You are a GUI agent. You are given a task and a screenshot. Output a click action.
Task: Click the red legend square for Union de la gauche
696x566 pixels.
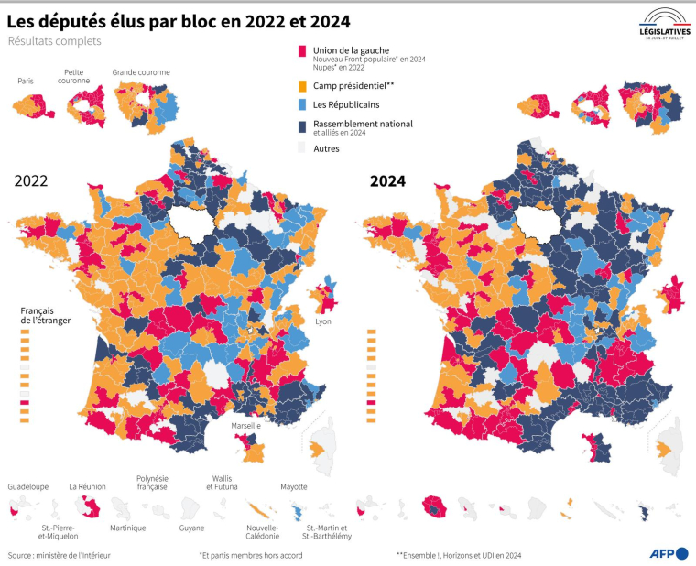click(x=302, y=51)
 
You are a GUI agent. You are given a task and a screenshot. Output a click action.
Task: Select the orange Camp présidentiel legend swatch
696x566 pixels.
click(x=302, y=85)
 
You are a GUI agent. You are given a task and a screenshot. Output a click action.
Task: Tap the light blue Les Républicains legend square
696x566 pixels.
click(x=302, y=105)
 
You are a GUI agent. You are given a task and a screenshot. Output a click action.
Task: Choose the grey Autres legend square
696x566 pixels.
click(x=302, y=147)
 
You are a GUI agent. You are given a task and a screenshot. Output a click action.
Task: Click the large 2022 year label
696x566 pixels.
click(x=31, y=181)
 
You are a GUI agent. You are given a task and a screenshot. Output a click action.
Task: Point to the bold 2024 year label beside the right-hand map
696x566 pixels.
click(x=387, y=181)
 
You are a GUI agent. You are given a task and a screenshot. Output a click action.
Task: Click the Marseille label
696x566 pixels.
click(x=245, y=426)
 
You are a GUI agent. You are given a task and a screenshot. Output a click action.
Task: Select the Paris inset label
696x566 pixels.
click(x=26, y=81)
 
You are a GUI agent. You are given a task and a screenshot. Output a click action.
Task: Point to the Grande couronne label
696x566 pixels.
click(x=140, y=71)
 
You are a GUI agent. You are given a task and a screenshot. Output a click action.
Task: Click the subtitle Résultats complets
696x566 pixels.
click(x=54, y=41)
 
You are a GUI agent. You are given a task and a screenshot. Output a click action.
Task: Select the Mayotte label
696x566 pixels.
click(x=293, y=486)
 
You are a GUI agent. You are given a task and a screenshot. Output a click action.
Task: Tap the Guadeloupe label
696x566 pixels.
click(x=27, y=486)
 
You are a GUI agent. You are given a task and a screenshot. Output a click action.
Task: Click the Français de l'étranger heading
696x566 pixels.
click(x=46, y=315)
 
